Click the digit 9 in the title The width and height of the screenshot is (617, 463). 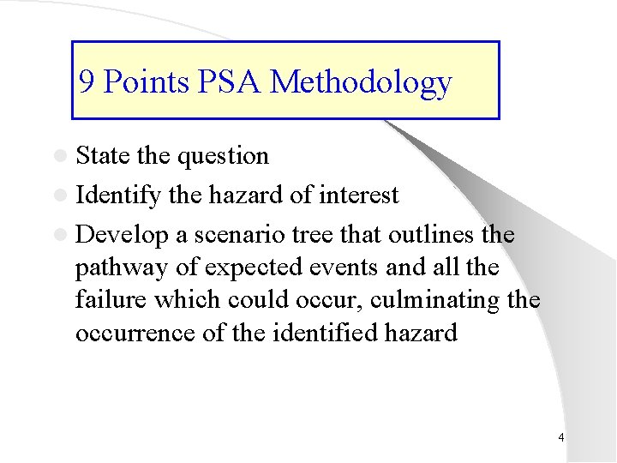(x=87, y=82)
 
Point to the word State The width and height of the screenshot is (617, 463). (x=103, y=156)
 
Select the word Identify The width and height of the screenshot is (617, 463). (x=118, y=196)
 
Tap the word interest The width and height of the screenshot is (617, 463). (x=359, y=195)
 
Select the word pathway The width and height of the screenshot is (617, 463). (x=123, y=268)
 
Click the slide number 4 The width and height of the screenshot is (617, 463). (x=560, y=438)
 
